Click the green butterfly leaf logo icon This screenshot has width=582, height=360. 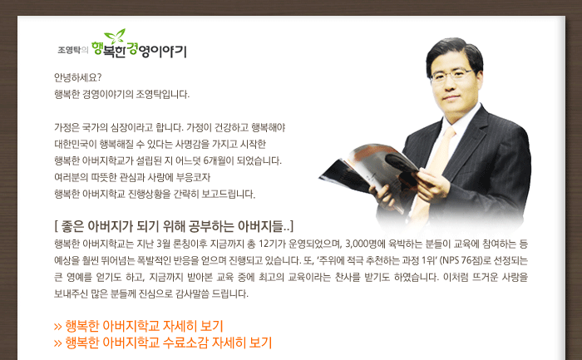[115, 36]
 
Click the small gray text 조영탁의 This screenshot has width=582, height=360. [73, 50]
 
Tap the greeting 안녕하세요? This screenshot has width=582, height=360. [77, 77]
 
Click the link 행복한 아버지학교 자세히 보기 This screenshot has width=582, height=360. [139, 326]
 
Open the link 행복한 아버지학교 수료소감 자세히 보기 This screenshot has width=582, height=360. [163, 343]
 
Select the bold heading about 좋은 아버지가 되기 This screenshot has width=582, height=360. [174, 226]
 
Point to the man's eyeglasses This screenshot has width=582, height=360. [452, 76]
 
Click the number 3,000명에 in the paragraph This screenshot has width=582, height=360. [365, 244]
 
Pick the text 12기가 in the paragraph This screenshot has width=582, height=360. [272, 244]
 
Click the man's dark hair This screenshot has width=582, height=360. [454, 52]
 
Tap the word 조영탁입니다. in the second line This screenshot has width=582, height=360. [163, 95]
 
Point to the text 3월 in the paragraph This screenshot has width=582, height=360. [163, 244]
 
